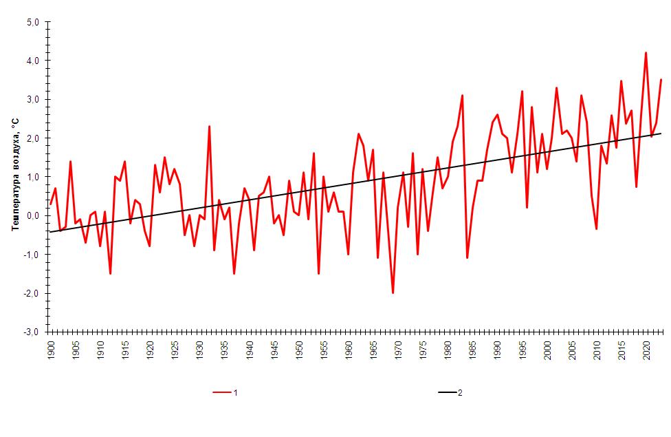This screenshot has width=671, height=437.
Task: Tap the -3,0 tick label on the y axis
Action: (x=33, y=332)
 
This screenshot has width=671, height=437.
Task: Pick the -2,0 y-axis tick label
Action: (x=33, y=294)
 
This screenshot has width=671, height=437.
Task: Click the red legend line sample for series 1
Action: (x=222, y=393)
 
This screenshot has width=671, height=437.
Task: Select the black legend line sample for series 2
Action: (x=447, y=393)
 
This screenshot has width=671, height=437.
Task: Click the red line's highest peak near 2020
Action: (x=646, y=53)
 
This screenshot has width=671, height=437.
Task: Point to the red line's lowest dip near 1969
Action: (x=393, y=292)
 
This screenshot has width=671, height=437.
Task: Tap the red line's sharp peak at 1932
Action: (x=209, y=127)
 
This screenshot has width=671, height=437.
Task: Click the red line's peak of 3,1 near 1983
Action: (x=462, y=96)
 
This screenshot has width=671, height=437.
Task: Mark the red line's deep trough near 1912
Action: (x=110, y=273)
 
